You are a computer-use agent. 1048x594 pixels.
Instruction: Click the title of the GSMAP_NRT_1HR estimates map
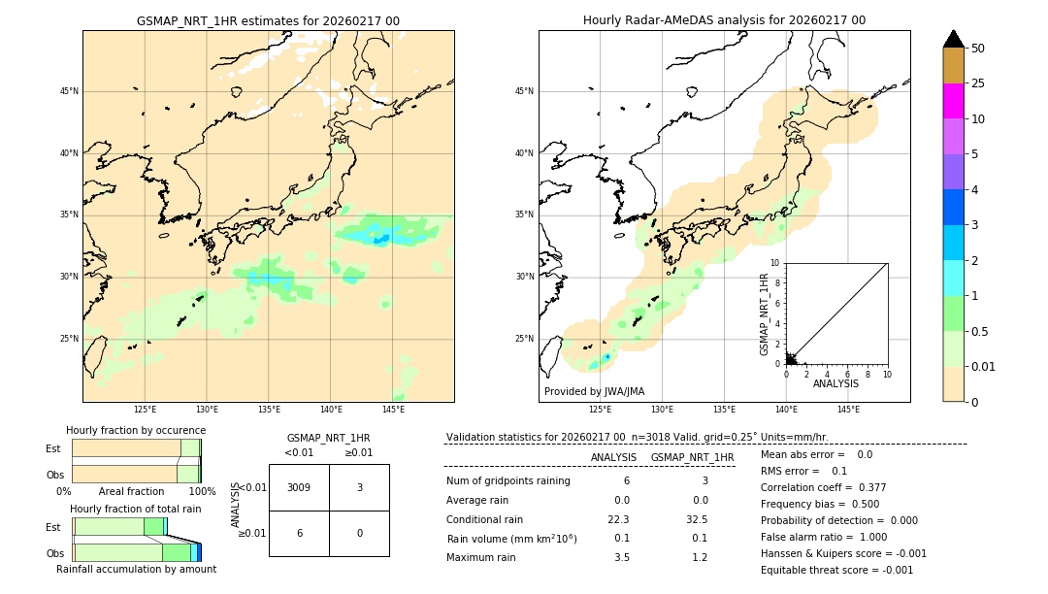click(268, 20)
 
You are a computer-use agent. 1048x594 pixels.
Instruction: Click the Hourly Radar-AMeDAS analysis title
click(724, 20)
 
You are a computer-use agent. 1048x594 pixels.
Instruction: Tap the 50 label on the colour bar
click(978, 49)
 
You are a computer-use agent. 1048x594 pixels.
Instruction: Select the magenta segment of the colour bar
click(953, 101)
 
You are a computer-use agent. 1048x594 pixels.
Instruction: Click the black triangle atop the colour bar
click(953, 39)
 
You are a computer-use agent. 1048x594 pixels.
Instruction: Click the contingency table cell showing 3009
click(299, 487)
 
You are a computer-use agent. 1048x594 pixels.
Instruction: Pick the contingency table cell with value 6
click(299, 533)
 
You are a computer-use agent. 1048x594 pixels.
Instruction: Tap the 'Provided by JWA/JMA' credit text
click(594, 391)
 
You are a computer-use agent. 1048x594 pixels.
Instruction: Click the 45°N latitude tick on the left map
click(69, 91)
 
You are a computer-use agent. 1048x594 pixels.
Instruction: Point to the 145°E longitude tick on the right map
click(848, 410)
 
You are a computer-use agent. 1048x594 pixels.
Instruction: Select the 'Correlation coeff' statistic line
click(823, 487)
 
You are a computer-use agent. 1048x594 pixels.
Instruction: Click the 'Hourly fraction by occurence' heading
click(136, 430)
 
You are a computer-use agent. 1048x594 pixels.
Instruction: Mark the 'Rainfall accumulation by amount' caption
click(136, 569)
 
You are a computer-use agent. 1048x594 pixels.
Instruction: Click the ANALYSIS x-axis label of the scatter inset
click(835, 384)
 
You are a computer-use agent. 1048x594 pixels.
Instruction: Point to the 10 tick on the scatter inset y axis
click(774, 263)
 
